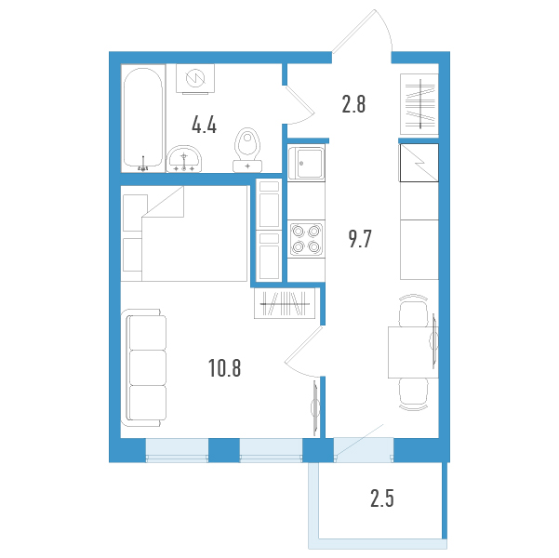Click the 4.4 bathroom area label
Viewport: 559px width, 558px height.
coord(204,126)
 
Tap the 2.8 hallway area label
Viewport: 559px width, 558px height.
coord(353,104)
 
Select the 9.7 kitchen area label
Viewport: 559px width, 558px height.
coord(360,239)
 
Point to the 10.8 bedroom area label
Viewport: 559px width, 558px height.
coord(224,368)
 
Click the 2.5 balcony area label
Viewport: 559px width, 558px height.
coord(382,498)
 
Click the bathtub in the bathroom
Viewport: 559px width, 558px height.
coord(143,118)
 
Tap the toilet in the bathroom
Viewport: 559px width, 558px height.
coord(247,150)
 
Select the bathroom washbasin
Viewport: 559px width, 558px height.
coord(184,159)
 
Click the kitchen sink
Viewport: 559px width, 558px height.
coord(306,163)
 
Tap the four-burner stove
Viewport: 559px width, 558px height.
coord(306,239)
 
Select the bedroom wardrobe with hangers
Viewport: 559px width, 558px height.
coord(285,303)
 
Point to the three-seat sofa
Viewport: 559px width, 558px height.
coord(143,368)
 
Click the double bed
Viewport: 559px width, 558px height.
coord(194,233)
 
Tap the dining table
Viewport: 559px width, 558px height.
coord(413,352)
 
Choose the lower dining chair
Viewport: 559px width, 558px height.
coord(413,394)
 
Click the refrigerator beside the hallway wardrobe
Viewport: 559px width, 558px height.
coord(419,163)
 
